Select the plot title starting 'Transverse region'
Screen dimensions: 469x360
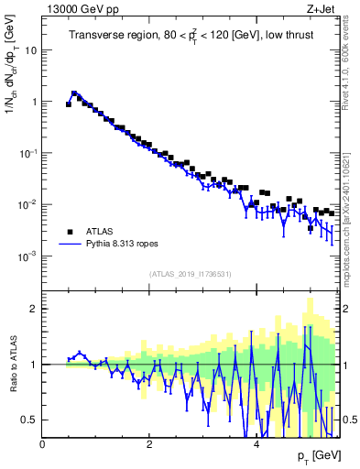tap(191, 36)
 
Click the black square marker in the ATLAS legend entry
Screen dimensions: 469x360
tap(69, 232)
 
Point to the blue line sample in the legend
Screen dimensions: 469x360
tap(69, 245)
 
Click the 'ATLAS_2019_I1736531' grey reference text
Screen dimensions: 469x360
tap(191, 274)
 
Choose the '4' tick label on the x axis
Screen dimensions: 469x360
tap(256, 445)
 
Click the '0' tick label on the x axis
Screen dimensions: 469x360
tap(42, 445)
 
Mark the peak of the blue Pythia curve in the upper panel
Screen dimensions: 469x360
tap(74, 93)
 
